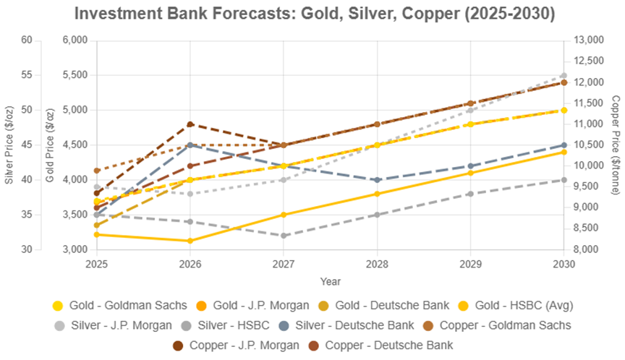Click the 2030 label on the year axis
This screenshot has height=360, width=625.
[563, 264]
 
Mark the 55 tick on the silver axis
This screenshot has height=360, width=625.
[27, 75]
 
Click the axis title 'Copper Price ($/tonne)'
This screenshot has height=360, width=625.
[615, 145]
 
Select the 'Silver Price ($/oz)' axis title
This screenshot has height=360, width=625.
[9, 145]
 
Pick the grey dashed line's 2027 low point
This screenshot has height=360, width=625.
[284, 236]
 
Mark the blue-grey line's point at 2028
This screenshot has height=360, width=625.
[377, 180]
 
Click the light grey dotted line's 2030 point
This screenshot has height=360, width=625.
[564, 76]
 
